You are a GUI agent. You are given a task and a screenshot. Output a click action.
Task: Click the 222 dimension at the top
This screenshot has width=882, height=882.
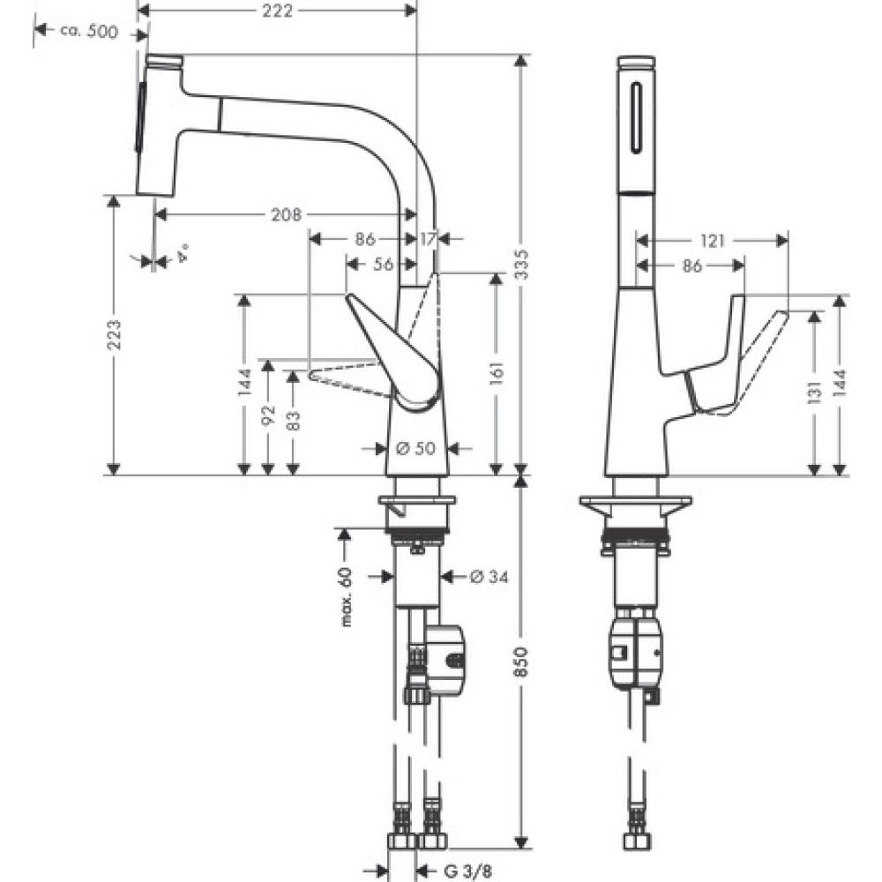pyautogui.click(x=278, y=10)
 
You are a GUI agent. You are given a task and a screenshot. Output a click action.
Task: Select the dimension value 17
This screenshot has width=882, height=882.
pyautogui.click(x=428, y=238)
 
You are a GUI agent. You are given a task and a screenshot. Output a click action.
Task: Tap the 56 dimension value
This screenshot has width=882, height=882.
pyautogui.click(x=383, y=263)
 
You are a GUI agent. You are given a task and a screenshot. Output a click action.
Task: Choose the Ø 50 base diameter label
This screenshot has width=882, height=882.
pyautogui.click(x=415, y=449)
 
